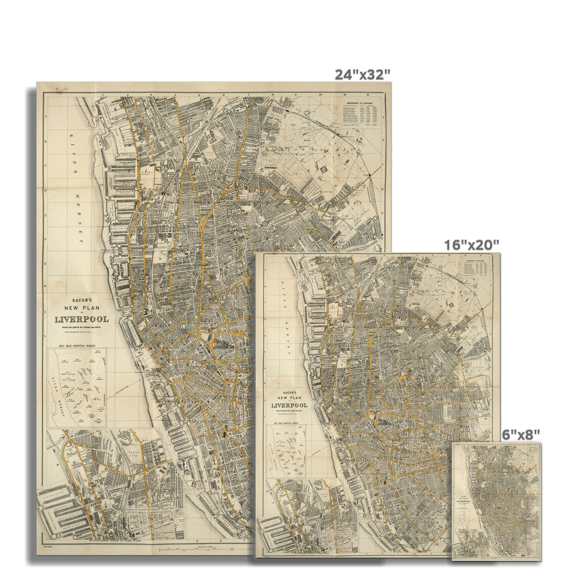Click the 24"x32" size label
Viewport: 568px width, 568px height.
(x=363, y=74)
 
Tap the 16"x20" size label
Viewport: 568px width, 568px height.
(x=471, y=245)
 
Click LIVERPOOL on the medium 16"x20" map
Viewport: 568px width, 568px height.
(x=289, y=405)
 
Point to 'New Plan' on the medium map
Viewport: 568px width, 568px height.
(x=289, y=399)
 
